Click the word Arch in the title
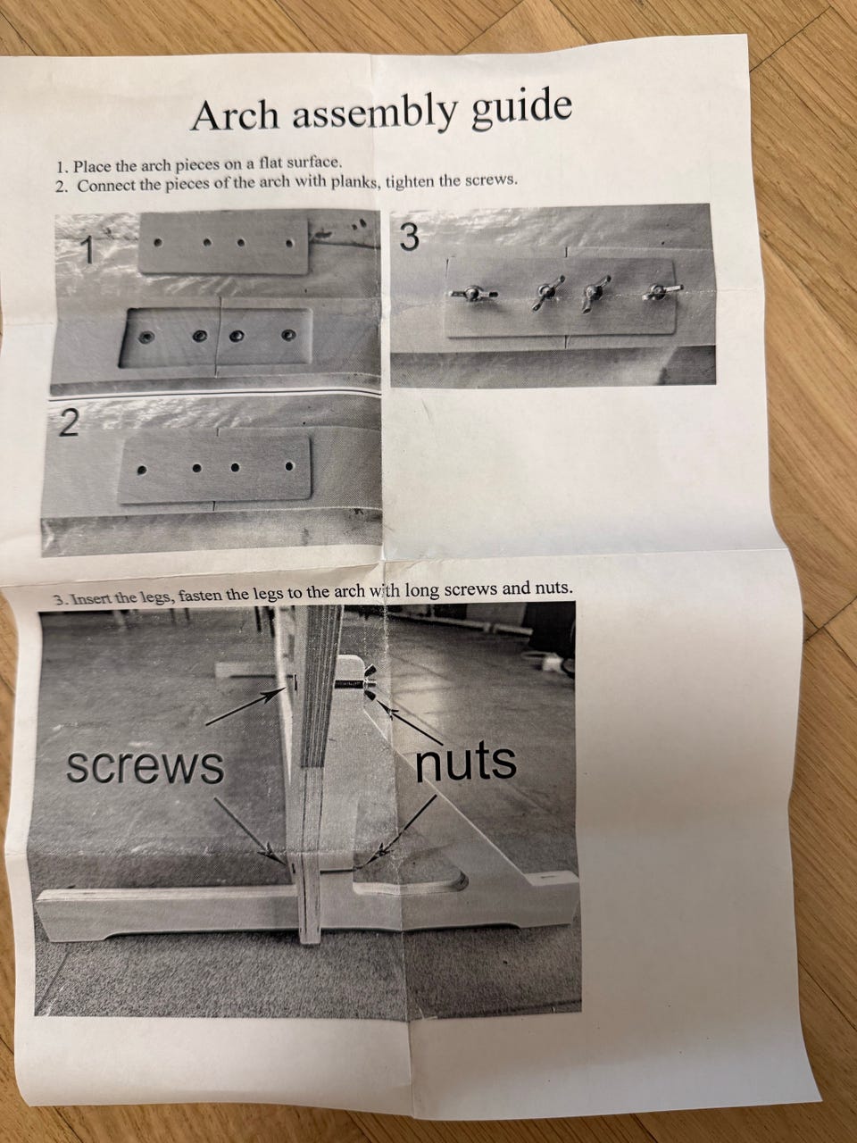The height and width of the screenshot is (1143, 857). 235,115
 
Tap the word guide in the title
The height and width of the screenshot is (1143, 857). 522,108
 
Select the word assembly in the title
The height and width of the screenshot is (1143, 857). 374,112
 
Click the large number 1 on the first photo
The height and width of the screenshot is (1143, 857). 88,249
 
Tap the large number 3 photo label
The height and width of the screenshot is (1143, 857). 409,237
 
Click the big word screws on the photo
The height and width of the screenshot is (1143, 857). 146,766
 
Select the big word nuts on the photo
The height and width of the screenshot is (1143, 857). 466,763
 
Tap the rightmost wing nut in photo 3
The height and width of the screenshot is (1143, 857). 661,292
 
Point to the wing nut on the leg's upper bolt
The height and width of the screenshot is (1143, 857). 370,683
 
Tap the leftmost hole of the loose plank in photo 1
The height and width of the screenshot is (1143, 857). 158,243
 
